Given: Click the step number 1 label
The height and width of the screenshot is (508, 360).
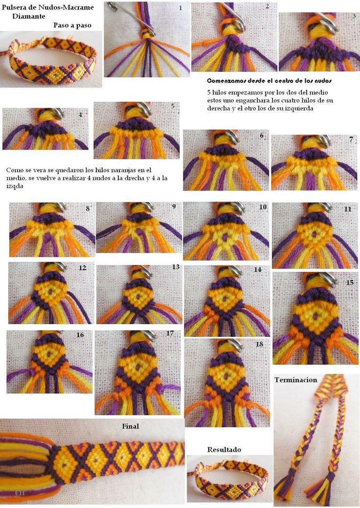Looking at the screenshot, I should tap(180, 8).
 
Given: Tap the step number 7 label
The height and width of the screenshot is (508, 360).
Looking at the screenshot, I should tap(351, 139).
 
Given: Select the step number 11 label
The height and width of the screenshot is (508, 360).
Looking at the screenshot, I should tap(348, 209).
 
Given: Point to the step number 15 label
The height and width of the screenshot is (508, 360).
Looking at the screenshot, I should tap(350, 283).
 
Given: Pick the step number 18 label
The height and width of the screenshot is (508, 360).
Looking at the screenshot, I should tap(259, 344).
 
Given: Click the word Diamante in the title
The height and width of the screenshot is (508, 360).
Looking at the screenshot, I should tap(29, 15).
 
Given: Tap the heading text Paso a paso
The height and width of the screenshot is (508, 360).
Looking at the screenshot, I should tap(72, 25).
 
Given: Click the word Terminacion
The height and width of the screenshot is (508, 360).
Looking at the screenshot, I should tap(295, 380).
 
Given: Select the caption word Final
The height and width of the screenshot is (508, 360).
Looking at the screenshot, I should tap(130, 426).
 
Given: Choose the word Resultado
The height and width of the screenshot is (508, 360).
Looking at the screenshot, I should tap(224, 449).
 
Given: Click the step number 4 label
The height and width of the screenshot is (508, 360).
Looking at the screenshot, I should tap(80, 115).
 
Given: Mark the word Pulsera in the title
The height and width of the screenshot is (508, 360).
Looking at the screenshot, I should tap(14, 6).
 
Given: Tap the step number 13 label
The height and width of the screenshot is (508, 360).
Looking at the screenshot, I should tap(176, 267).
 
